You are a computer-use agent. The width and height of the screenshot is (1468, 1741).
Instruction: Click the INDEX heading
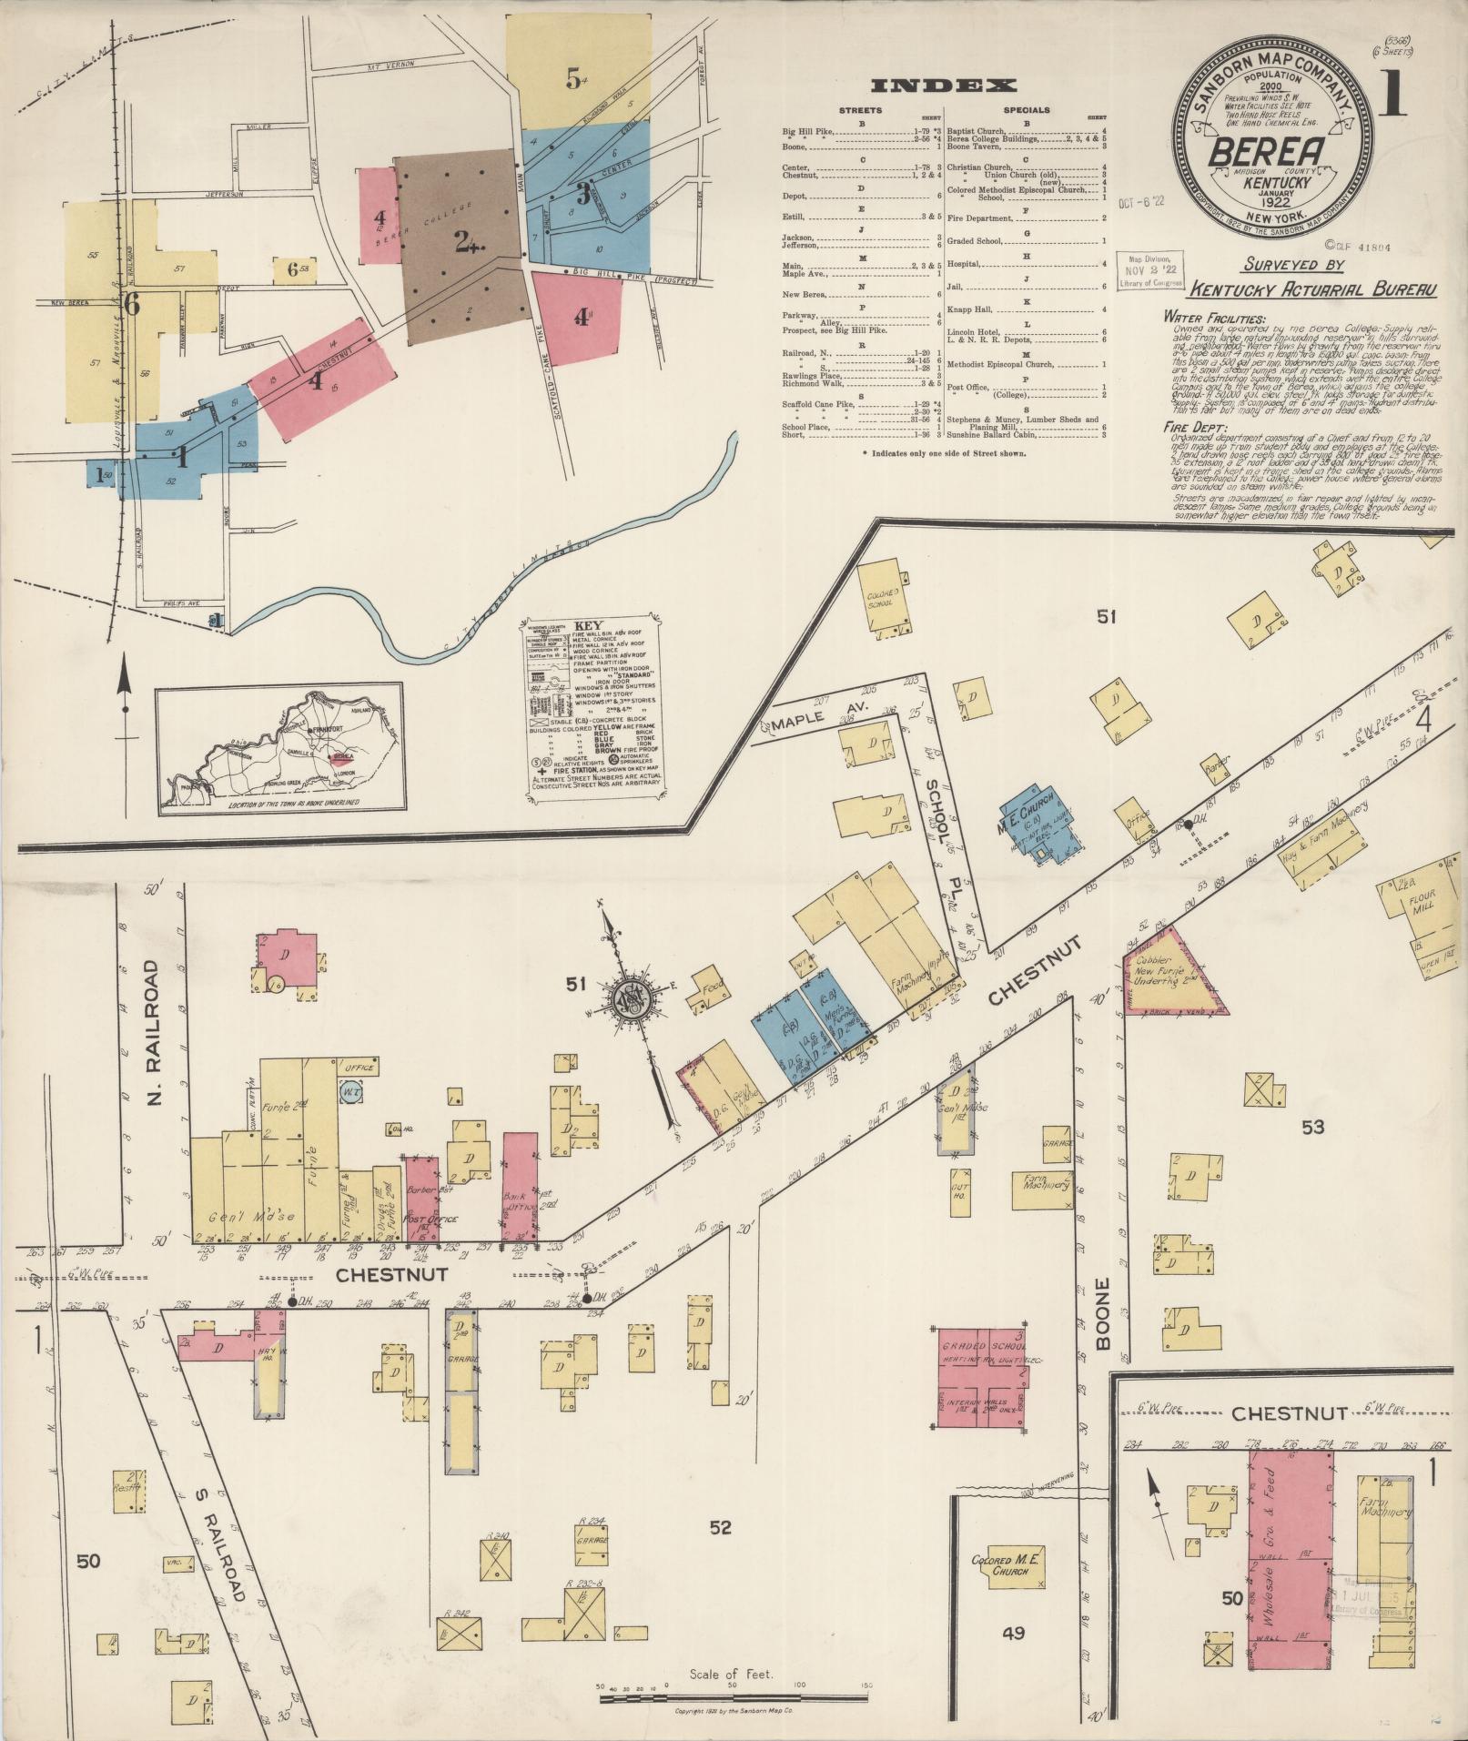click(x=944, y=86)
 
